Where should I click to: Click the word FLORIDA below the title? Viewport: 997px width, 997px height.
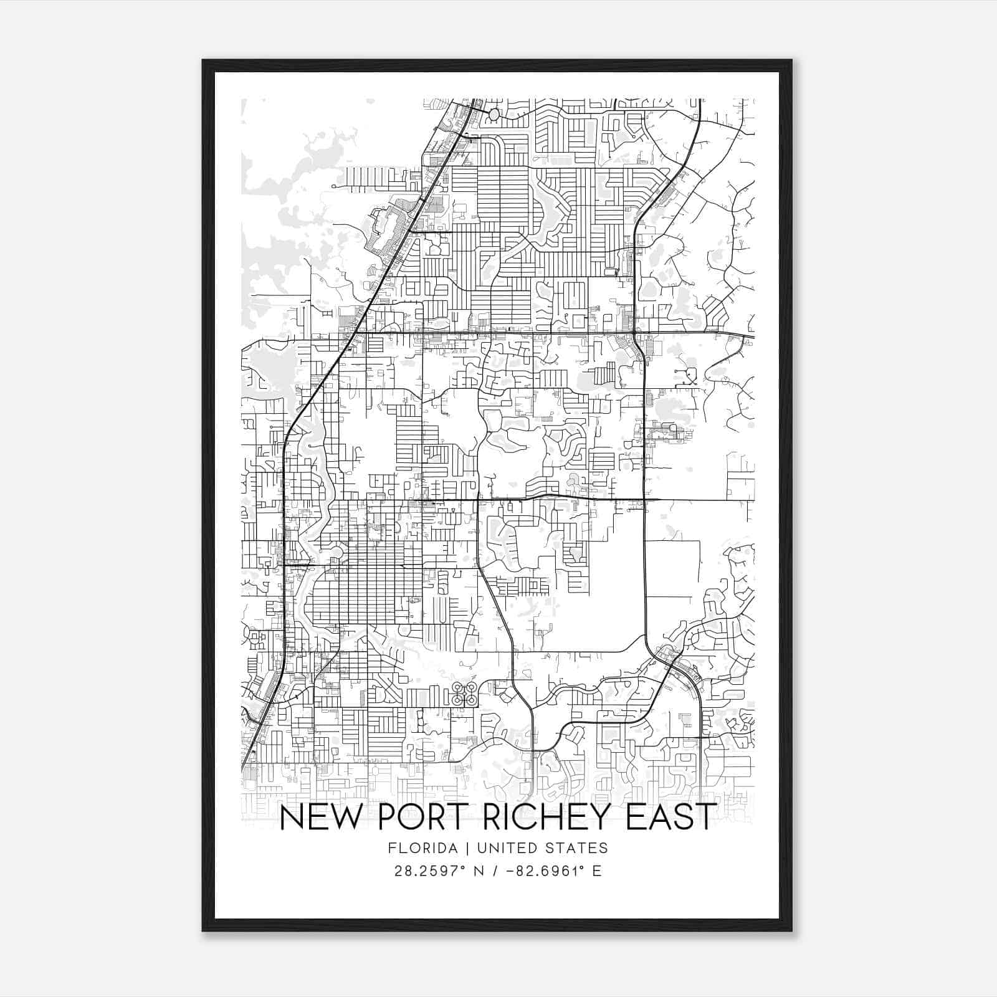[419, 848]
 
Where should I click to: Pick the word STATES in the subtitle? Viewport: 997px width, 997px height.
[576, 848]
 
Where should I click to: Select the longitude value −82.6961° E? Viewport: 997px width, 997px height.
[555, 871]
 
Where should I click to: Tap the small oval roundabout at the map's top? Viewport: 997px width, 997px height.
[494, 115]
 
